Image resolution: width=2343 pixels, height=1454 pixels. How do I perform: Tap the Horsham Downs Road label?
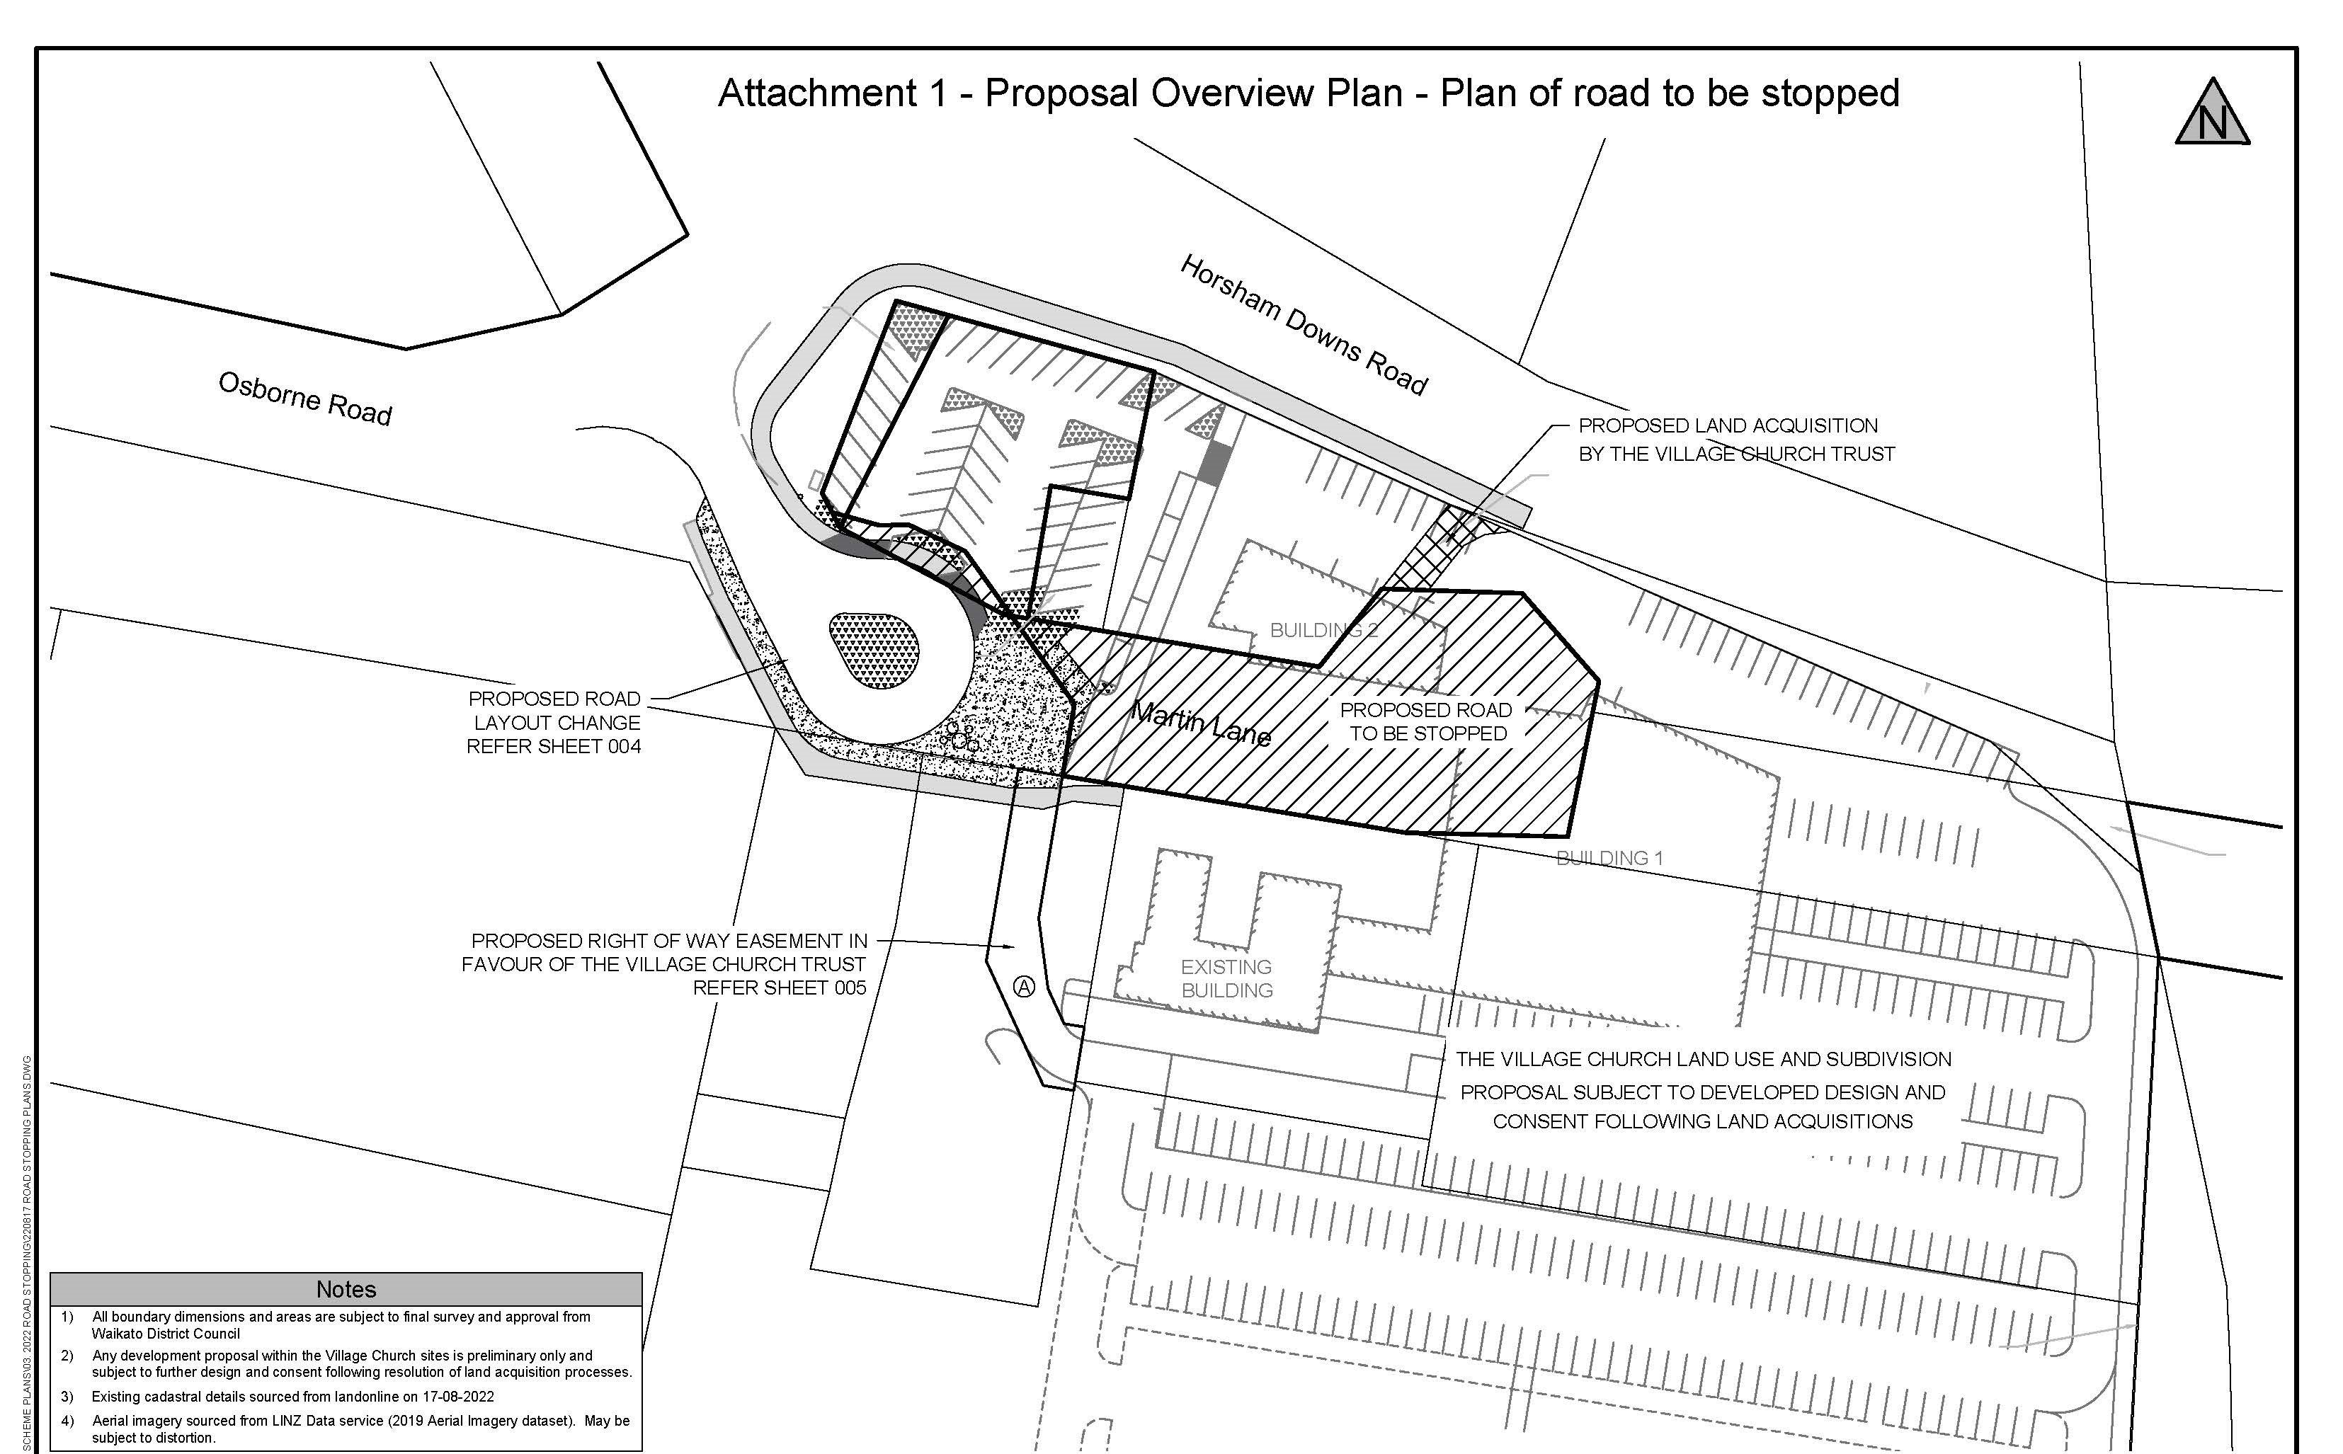pos(1304,325)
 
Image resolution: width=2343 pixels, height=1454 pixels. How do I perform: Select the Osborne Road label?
pos(305,398)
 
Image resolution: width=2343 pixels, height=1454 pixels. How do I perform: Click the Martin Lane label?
pos(1200,723)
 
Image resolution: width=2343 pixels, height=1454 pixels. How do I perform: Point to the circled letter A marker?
pos(1025,987)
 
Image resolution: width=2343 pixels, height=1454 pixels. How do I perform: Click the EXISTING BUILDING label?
pos(1226,978)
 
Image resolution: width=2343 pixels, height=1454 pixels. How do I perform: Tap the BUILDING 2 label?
pos(1323,630)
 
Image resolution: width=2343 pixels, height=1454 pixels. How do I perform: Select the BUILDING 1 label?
pos(1609,858)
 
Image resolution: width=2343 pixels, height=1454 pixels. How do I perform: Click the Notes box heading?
pos(346,1288)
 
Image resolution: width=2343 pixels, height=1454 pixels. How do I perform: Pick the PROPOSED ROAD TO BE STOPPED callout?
pos(1426,721)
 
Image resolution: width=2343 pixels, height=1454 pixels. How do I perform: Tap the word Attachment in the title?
pos(818,93)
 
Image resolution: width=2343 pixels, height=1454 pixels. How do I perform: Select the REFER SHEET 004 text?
pos(553,746)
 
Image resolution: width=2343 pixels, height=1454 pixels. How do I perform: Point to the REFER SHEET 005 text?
pos(779,988)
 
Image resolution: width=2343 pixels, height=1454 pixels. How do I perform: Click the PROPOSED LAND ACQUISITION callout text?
pos(1736,440)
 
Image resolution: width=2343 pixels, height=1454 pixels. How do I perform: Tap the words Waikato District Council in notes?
pos(166,1334)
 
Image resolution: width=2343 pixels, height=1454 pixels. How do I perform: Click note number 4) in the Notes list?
pos(67,1420)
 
